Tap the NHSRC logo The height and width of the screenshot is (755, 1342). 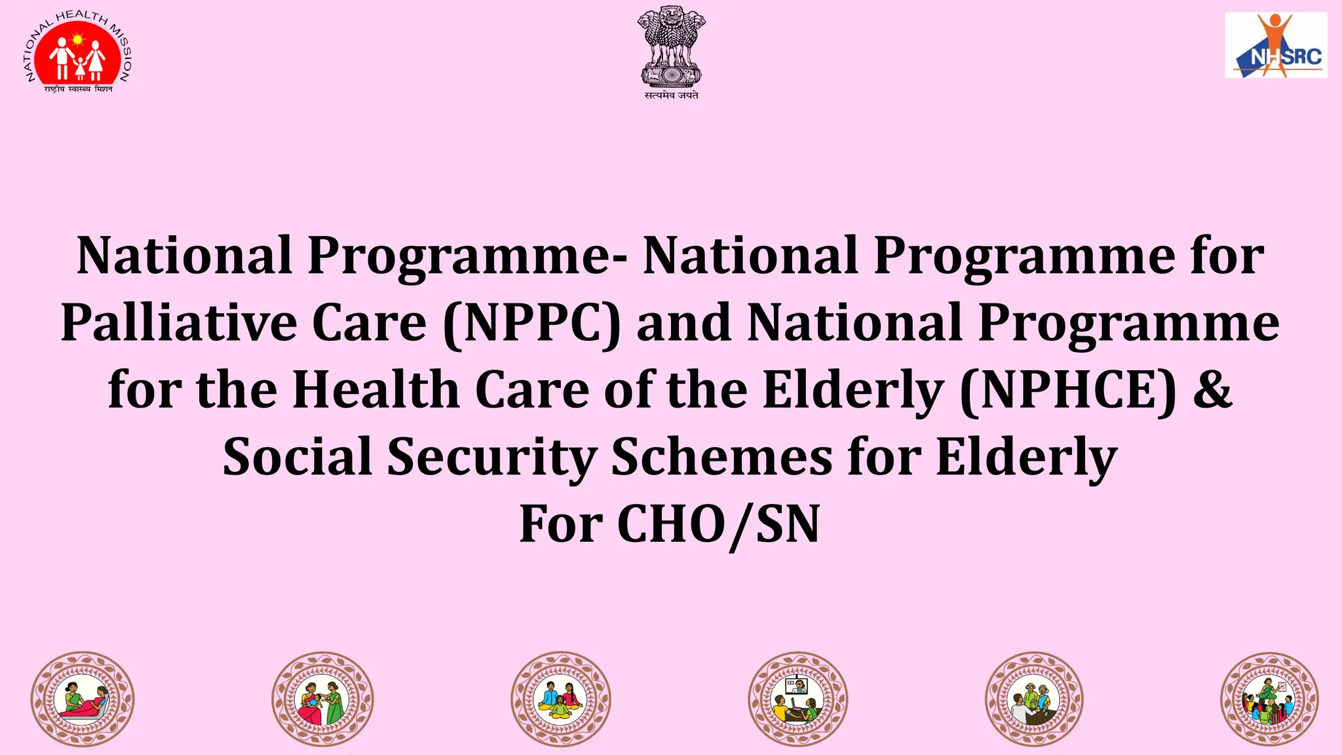click(x=1275, y=45)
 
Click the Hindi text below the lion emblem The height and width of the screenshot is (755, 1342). click(x=671, y=96)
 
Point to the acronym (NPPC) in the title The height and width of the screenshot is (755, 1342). click(x=531, y=323)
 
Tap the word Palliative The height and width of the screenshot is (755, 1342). click(x=179, y=323)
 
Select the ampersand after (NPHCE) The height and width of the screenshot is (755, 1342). click(x=1212, y=389)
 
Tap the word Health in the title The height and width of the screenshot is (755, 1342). click(x=375, y=391)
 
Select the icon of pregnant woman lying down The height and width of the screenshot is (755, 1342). click(x=83, y=699)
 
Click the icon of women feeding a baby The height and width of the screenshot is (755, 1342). click(x=322, y=699)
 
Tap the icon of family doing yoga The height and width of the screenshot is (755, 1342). click(x=561, y=699)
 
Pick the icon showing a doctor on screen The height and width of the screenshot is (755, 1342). click(x=797, y=699)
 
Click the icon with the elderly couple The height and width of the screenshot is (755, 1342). click(x=1034, y=699)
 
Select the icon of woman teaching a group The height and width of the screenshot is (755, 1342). click(x=1269, y=699)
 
